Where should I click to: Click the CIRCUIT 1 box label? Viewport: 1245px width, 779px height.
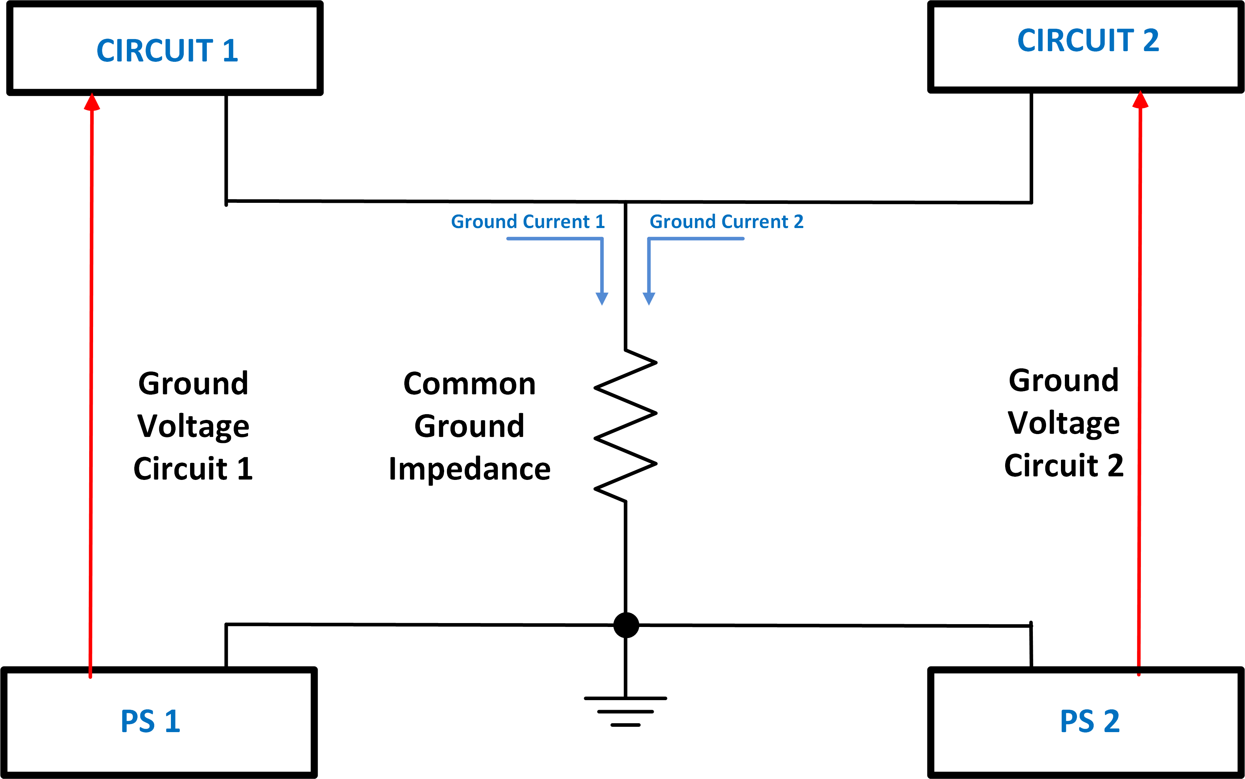pos(167,50)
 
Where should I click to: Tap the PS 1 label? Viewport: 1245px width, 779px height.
pos(150,721)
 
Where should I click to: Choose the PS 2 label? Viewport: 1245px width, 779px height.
pos(1090,721)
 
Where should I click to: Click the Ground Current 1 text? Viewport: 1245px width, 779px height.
pos(528,222)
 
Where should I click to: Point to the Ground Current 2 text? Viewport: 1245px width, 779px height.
pos(727,222)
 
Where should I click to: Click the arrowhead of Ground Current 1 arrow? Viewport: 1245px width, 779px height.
pos(602,299)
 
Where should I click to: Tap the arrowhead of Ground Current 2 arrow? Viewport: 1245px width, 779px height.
pos(649,299)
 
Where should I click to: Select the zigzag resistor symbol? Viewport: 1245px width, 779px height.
pos(626,426)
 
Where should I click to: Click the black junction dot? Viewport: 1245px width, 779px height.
pos(626,626)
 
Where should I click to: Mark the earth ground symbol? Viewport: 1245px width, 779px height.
pos(626,712)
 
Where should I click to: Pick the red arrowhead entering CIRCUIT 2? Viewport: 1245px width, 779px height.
pos(1141,99)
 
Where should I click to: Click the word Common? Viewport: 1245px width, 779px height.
pos(469,384)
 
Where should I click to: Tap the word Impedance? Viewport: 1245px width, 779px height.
pos(469,469)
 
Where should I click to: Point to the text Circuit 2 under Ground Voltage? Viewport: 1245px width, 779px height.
pos(1063,465)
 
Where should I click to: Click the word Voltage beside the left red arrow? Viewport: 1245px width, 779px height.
pos(193,427)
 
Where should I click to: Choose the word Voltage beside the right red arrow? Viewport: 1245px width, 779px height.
pos(1063,423)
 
